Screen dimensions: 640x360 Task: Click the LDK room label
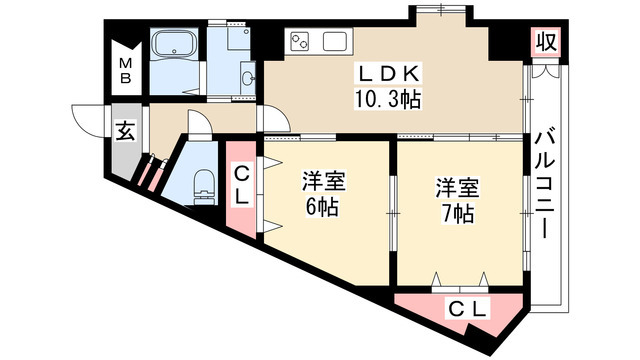click(x=392, y=75)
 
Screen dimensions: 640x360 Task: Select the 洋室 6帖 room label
click(x=324, y=194)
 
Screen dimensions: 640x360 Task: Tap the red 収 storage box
click(x=544, y=43)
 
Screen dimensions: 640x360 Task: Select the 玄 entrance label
click(x=125, y=131)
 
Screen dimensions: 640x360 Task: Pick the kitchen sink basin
click(x=333, y=43)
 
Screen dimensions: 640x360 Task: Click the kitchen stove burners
click(x=301, y=43)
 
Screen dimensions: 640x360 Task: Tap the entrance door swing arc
click(x=84, y=116)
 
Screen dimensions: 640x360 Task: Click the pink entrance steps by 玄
click(x=151, y=172)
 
